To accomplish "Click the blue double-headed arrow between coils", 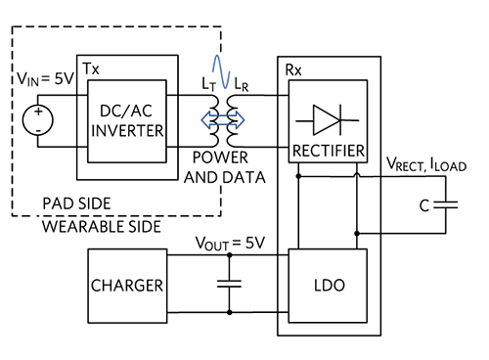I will pyautogui.click(x=226, y=122).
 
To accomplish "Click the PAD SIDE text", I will pyautogui.click(x=74, y=202).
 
